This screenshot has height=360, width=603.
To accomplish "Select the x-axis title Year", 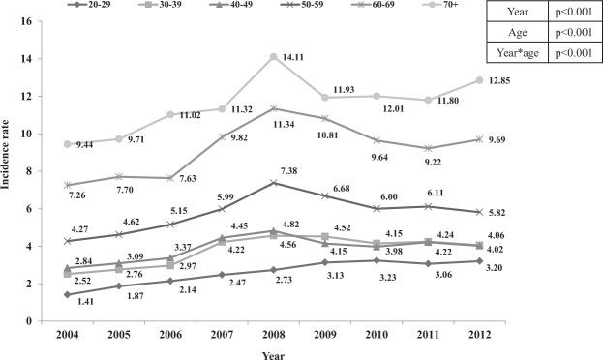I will pos(272,353).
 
